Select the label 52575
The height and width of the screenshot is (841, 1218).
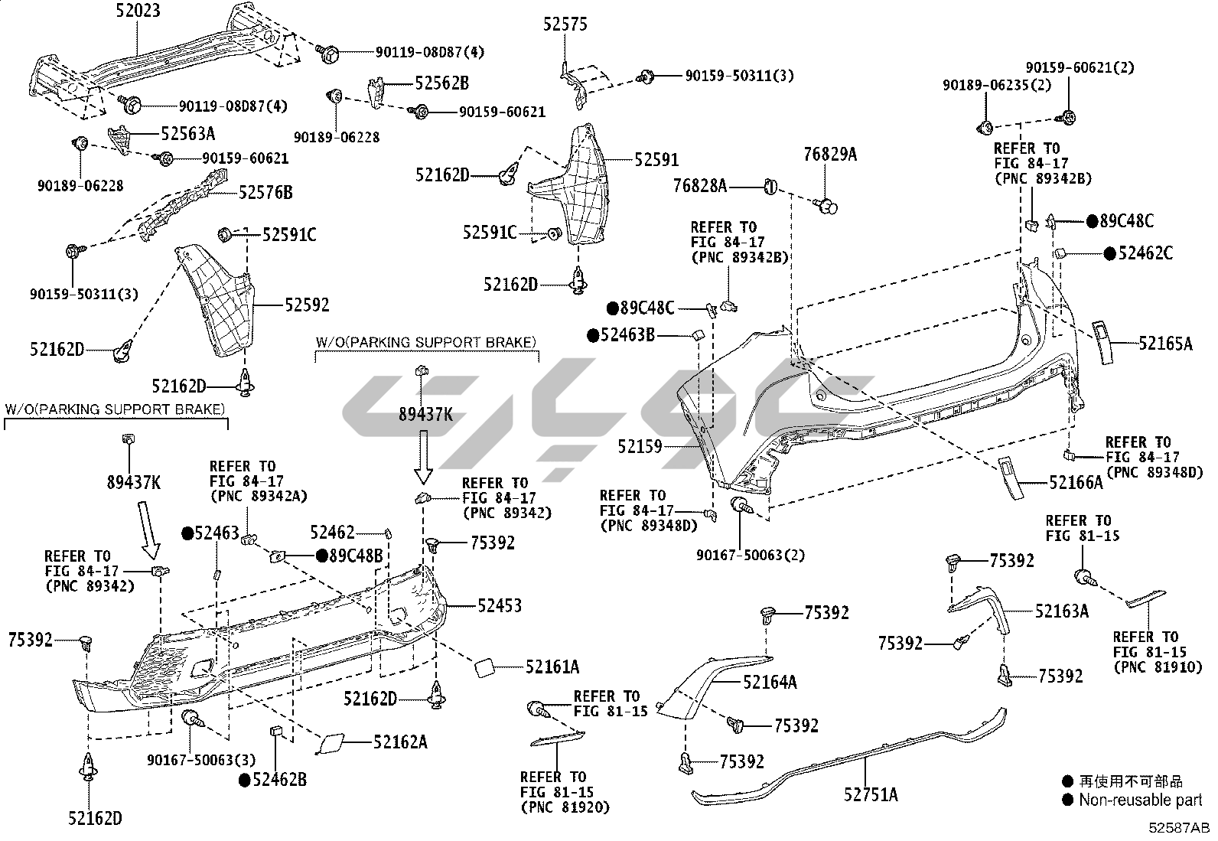565,24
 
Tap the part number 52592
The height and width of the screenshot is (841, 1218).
307,305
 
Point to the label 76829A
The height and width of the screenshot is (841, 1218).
830,155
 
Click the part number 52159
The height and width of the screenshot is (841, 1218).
640,446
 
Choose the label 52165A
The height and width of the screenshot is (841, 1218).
1164,344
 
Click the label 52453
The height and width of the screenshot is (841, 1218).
499,606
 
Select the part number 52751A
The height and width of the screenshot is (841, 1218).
871,794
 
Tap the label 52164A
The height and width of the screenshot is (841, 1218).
770,681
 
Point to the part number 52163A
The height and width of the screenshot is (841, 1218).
1061,611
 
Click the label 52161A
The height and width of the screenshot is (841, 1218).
552,667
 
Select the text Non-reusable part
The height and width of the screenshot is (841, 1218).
1140,800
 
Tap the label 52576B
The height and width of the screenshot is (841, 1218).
265,192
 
